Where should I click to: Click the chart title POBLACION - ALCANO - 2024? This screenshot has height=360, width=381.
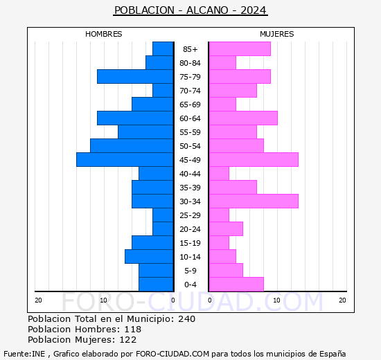click(x=190, y=10)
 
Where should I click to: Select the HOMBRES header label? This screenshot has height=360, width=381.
click(x=104, y=34)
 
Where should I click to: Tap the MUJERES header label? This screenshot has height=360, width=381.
click(x=277, y=34)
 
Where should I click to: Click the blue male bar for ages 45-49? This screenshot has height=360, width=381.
click(x=125, y=160)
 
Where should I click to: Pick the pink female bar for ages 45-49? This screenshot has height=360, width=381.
click(x=254, y=160)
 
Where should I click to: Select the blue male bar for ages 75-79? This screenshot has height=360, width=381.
click(x=135, y=77)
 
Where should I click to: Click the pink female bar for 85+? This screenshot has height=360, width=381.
click(x=240, y=49)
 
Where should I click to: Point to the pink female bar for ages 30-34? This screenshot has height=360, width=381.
click(x=254, y=201)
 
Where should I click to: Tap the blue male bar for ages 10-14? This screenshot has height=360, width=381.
click(x=149, y=257)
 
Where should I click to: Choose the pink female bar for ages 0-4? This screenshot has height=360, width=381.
click(x=236, y=285)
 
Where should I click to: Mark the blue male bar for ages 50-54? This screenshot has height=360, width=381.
click(x=132, y=146)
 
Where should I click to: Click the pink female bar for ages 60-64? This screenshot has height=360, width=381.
click(x=243, y=118)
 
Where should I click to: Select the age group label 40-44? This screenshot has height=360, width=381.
click(x=190, y=174)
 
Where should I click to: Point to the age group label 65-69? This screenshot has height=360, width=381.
click(x=190, y=105)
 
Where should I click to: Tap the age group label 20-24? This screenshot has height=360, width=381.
click(x=190, y=229)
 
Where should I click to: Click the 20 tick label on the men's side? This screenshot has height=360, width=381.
click(x=39, y=300)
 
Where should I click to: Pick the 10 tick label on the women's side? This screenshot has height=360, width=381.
click(x=276, y=300)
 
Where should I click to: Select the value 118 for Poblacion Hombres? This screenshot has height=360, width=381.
click(x=133, y=330)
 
